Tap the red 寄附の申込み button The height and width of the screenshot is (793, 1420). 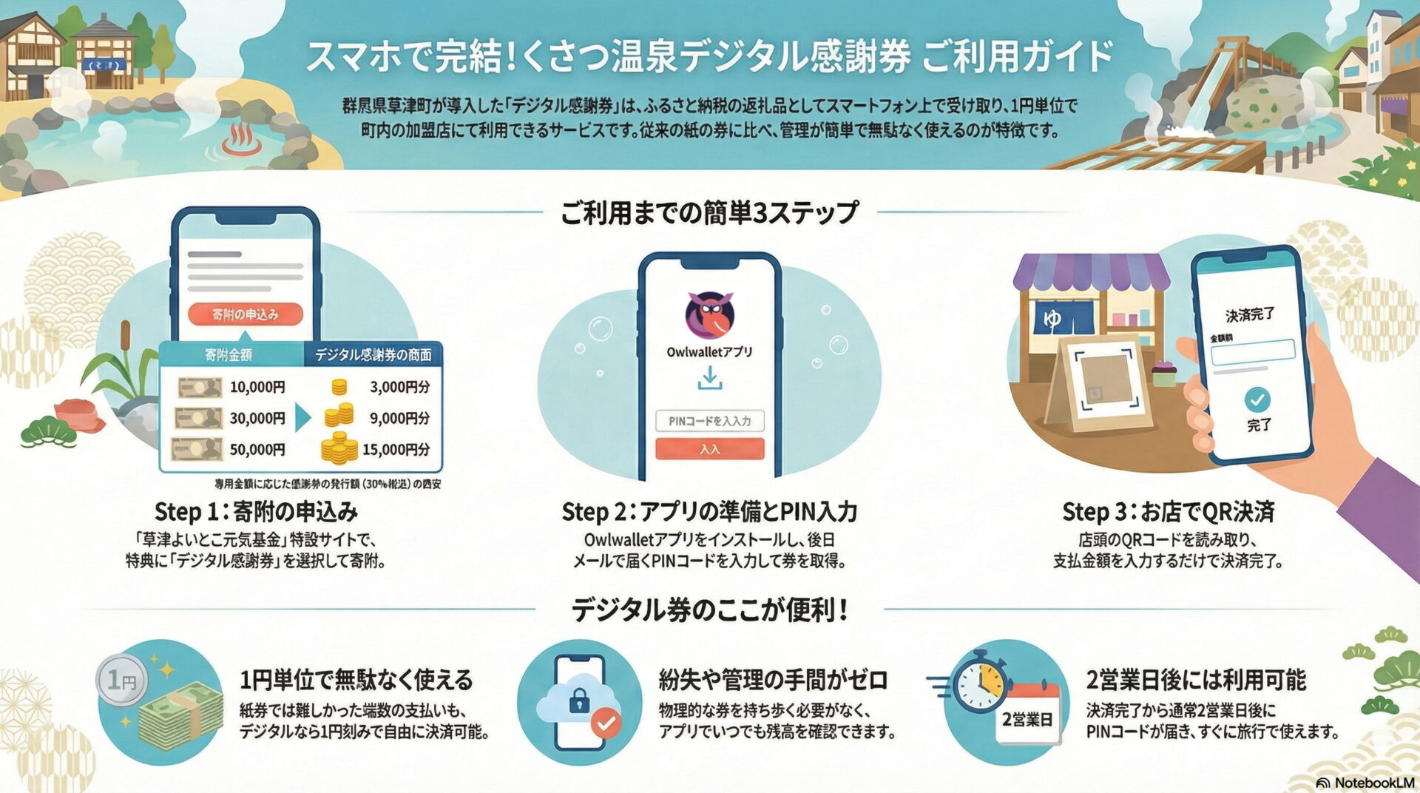click(245, 314)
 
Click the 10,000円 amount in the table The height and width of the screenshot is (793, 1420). click(257, 387)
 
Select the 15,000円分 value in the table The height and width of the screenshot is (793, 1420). click(396, 449)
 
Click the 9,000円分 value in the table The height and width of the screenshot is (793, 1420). click(399, 418)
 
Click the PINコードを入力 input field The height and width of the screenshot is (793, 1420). click(709, 421)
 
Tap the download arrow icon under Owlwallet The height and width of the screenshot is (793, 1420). click(709, 379)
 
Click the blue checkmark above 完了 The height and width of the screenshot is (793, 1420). click(1257, 400)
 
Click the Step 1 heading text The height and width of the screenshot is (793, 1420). click(256, 511)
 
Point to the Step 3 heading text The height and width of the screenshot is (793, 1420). click(1168, 511)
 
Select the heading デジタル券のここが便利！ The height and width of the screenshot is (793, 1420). click(709, 610)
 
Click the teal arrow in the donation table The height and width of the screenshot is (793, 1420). click(302, 418)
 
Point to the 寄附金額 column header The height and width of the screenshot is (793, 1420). click(229, 355)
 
